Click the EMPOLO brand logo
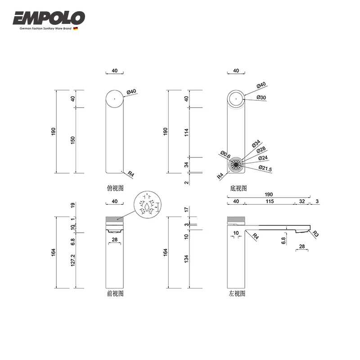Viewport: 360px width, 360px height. [x=49, y=18]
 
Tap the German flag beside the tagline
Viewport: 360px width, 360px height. [x=76, y=28]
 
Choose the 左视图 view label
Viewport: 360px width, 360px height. [x=237, y=293]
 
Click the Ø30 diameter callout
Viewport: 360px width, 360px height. [x=261, y=98]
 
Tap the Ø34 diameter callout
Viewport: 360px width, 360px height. [x=256, y=145]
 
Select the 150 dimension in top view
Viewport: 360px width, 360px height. [x=73, y=140]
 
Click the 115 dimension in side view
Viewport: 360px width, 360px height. [x=269, y=201]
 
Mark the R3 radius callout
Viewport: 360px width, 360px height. [x=315, y=234]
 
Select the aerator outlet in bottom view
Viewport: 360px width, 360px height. [x=234, y=164]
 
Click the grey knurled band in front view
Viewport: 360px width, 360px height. [x=115, y=219]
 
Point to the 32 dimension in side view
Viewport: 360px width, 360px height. [x=301, y=201]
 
